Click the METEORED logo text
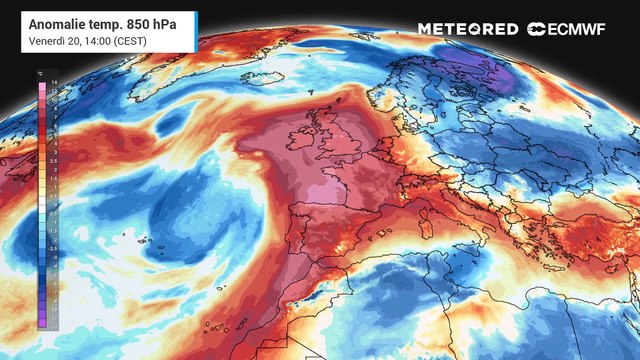tap(467, 29)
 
